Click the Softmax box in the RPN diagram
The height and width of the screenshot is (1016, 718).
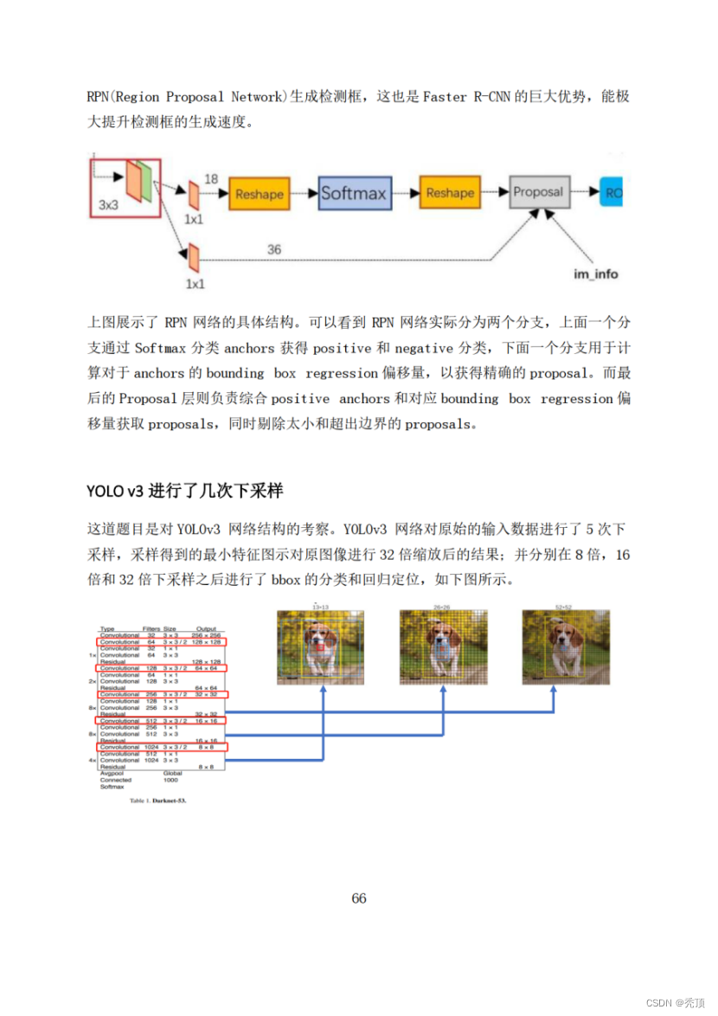(354, 193)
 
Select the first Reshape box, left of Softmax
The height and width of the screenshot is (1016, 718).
(259, 194)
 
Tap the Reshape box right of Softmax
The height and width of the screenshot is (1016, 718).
(450, 193)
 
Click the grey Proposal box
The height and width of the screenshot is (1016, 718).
(538, 192)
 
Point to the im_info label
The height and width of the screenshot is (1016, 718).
(597, 273)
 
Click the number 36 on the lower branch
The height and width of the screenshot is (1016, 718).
(273, 249)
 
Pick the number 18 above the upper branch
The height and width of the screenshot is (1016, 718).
(211, 178)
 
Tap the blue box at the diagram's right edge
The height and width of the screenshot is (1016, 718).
(612, 193)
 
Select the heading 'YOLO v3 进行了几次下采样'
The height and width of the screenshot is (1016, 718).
(185, 491)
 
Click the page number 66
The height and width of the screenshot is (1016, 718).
(359, 897)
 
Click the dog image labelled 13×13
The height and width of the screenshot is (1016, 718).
(321, 647)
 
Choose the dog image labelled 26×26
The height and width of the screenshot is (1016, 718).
(443, 647)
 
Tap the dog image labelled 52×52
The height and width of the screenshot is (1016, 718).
(566, 647)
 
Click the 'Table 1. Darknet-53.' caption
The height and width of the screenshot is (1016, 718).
(157, 801)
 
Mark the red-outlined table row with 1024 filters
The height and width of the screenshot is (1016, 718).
(161, 746)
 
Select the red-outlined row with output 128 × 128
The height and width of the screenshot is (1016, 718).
(161, 642)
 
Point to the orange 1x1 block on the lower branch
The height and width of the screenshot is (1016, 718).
(194, 256)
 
